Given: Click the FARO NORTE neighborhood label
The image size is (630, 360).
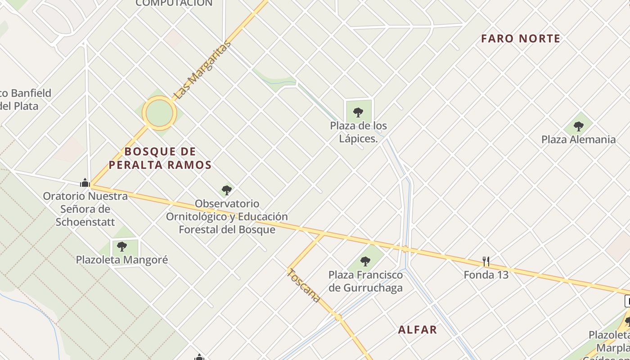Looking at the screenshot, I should pyautogui.click(x=521, y=39).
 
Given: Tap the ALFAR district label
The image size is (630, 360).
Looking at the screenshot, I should pyautogui.click(x=417, y=330).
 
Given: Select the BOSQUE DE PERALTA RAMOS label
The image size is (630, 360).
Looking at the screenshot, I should pyautogui.click(x=160, y=158).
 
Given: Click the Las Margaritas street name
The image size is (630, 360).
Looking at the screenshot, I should pyautogui.click(x=202, y=70).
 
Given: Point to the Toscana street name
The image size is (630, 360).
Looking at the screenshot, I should pyautogui.click(x=304, y=285).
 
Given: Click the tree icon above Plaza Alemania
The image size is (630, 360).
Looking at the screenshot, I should pyautogui.click(x=578, y=126).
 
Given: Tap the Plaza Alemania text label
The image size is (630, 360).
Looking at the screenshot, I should pyautogui.click(x=578, y=139).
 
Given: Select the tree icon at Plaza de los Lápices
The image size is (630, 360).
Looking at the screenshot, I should pyautogui.click(x=358, y=112).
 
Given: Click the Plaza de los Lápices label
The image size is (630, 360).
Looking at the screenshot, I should pyautogui.click(x=358, y=132).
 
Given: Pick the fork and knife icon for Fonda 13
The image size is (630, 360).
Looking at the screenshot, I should pyautogui.click(x=486, y=261).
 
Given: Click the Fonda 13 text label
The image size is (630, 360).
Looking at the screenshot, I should pyautogui.click(x=486, y=274).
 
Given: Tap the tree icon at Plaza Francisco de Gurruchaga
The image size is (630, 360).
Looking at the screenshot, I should pyautogui.click(x=365, y=261).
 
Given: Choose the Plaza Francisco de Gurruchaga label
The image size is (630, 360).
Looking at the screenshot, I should pyautogui.click(x=365, y=281).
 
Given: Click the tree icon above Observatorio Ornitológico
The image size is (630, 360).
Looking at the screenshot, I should pyautogui.click(x=227, y=190).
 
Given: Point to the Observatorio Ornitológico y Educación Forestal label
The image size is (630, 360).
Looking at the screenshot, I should pyautogui.click(x=227, y=216).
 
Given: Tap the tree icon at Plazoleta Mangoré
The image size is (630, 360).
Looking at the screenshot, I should pyautogui.click(x=121, y=246).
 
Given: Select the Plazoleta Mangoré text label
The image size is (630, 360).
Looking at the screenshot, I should pyautogui.click(x=121, y=260).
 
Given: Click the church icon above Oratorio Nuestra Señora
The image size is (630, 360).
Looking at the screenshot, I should pyautogui.click(x=85, y=183).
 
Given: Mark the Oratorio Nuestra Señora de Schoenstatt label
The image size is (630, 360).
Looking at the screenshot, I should pyautogui.click(x=85, y=209).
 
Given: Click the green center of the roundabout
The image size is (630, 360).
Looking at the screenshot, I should pyautogui.click(x=158, y=113).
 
